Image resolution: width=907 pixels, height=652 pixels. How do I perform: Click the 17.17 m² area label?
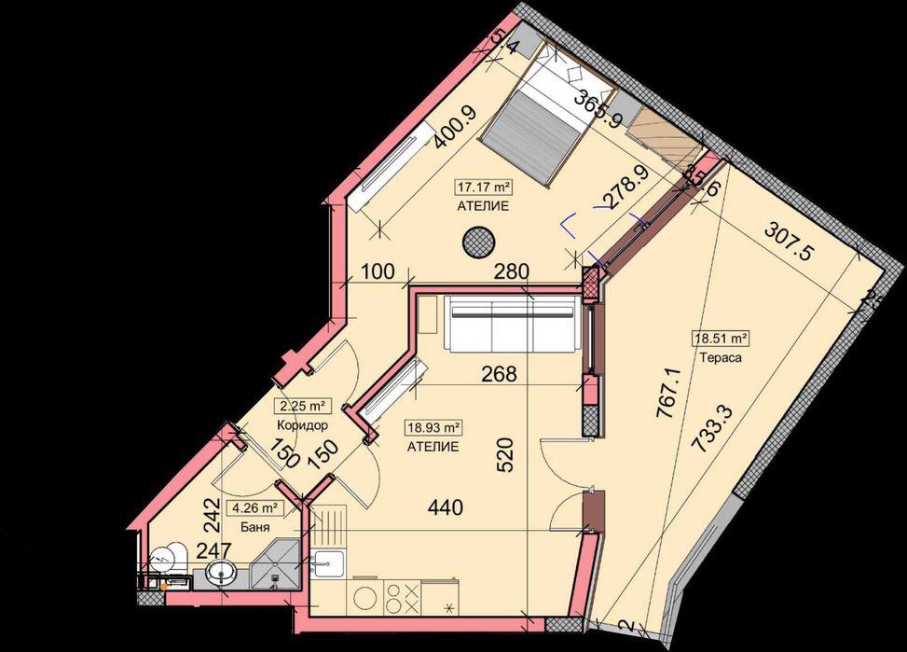pos(483,186)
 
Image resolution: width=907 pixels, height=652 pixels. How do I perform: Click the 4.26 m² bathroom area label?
pos(259,508)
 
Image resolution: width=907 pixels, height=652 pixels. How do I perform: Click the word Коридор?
pos(302,425)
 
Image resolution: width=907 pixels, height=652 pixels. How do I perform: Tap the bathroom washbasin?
pos(220,571)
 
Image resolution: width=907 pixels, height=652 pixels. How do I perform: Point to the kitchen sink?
pos(328,562)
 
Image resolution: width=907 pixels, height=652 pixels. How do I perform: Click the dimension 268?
pos(498,374)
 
